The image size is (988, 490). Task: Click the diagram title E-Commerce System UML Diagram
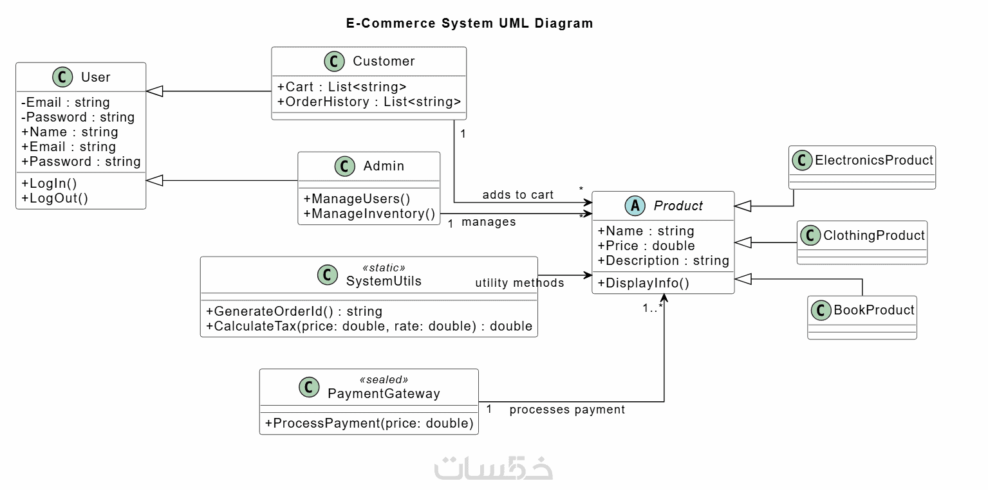469,24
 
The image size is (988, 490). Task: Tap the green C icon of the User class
62,78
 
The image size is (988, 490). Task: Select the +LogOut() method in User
55,198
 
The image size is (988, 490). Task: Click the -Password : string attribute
78,117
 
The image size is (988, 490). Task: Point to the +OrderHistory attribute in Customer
369,102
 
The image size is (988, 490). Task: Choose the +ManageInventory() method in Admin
369,213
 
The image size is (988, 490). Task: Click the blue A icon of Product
635,206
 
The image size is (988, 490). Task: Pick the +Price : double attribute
646,246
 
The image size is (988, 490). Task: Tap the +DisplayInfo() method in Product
644,283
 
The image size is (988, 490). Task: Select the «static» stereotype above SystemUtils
384,268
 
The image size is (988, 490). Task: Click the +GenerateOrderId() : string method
294,311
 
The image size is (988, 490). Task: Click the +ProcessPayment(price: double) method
369,423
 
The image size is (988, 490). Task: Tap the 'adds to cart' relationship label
517,195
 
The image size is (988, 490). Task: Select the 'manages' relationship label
489,222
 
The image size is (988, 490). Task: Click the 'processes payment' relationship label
567,410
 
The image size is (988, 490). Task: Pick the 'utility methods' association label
519,283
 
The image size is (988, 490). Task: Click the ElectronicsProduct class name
873,160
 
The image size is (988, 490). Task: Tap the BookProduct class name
873,310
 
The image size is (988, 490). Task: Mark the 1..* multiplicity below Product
652,308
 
